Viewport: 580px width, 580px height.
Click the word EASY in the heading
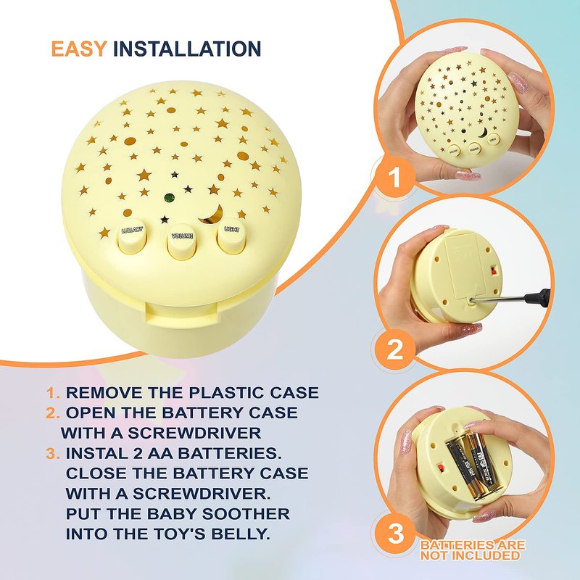(x=79, y=49)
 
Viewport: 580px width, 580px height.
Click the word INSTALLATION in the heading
(x=187, y=49)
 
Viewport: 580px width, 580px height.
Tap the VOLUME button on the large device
(x=182, y=244)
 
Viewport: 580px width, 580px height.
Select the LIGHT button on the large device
(x=231, y=239)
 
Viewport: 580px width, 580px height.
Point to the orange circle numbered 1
(x=395, y=177)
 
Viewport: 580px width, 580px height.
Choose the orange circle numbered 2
(x=395, y=349)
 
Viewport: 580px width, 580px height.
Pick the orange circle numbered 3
(x=395, y=534)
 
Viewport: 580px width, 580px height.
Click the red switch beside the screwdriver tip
(x=493, y=272)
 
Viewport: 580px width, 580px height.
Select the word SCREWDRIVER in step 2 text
(x=194, y=433)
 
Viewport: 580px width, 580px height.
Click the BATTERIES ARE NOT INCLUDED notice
(x=473, y=550)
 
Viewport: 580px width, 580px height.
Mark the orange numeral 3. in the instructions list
(x=53, y=454)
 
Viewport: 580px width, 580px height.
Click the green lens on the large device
(x=170, y=198)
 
